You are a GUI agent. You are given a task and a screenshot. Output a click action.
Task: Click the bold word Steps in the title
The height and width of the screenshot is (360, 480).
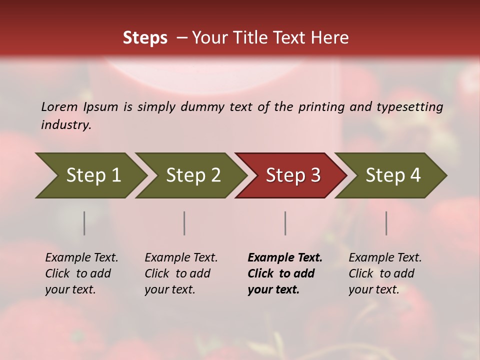(145, 38)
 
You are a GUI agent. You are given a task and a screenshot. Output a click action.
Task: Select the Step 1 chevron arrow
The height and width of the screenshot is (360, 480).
(90, 175)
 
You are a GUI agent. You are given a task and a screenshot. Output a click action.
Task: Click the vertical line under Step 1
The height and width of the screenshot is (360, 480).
(84, 223)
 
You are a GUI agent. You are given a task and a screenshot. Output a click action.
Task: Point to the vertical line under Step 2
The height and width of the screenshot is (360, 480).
(184, 223)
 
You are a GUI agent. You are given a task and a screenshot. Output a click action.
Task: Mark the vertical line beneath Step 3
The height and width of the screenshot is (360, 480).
(285, 223)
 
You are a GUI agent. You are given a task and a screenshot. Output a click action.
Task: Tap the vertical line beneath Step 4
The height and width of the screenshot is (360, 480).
(386, 223)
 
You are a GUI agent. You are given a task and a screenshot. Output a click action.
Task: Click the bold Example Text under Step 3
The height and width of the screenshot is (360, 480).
(285, 273)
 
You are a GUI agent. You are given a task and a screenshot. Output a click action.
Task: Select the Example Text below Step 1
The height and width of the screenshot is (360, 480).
(81, 273)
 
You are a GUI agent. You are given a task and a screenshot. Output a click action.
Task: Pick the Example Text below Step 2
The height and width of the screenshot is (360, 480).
(181, 273)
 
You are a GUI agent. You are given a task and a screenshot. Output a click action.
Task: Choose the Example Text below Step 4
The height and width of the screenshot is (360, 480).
(385, 273)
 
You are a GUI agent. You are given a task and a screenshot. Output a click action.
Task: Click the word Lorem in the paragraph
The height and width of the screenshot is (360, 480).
(59, 107)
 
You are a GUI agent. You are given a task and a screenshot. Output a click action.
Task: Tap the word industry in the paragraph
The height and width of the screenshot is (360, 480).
(65, 125)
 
